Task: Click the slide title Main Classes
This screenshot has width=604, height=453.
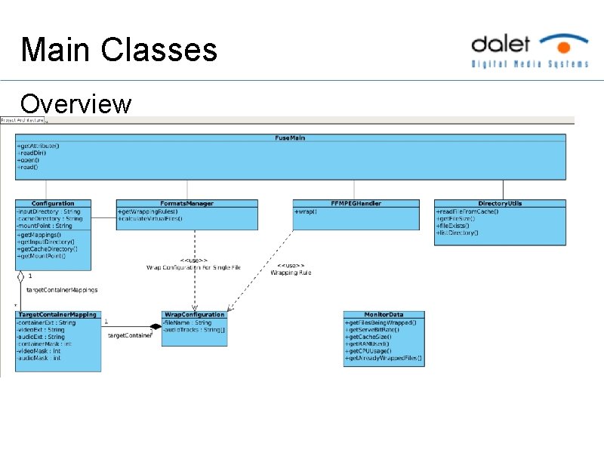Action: (x=119, y=50)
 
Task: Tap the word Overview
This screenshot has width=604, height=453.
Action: (x=75, y=103)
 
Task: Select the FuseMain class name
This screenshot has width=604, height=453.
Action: (x=290, y=137)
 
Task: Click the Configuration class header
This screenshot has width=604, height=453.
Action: (x=53, y=203)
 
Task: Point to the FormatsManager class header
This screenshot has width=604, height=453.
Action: (x=187, y=203)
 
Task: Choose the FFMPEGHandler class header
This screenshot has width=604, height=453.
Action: (x=356, y=203)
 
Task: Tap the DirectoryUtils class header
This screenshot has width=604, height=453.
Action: (x=500, y=203)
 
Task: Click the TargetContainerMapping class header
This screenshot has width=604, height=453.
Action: (x=57, y=314)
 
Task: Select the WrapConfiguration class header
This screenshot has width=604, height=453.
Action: (x=194, y=314)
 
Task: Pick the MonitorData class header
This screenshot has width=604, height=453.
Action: (x=384, y=314)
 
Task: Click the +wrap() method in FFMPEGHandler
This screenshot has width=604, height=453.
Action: (x=307, y=211)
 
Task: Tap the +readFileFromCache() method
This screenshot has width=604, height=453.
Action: (x=467, y=211)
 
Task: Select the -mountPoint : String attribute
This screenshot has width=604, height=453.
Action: (x=45, y=225)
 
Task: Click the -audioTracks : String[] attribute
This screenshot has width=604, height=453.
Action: (x=193, y=329)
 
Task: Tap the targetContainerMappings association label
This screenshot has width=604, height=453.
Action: (x=62, y=289)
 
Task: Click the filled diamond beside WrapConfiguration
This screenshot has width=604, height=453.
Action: (x=156, y=326)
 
